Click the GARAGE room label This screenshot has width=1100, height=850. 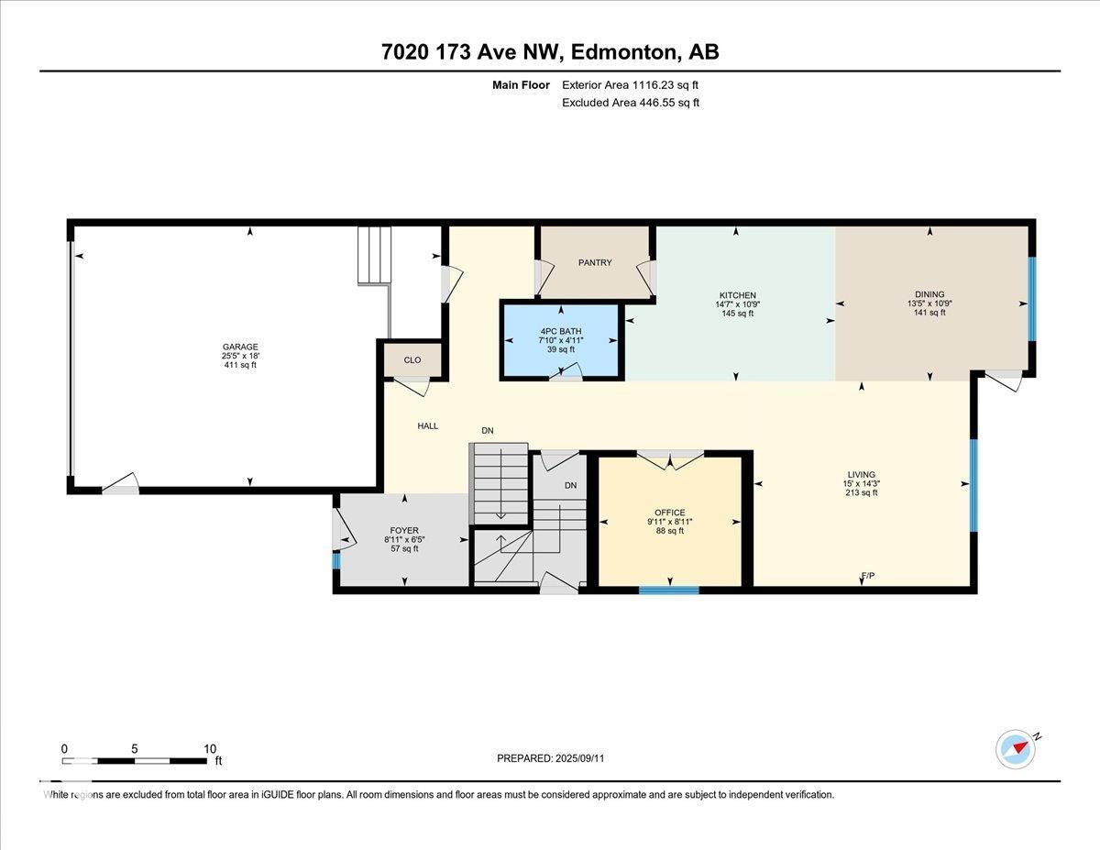(x=240, y=347)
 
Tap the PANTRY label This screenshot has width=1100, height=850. (x=595, y=262)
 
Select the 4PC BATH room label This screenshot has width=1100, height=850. (x=561, y=331)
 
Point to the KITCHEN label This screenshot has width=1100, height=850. (x=738, y=295)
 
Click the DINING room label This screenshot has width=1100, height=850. (x=929, y=294)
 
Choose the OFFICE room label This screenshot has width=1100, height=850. (x=669, y=513)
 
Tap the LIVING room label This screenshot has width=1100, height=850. (x=861, y=474)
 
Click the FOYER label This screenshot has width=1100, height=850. (x=404, y=530)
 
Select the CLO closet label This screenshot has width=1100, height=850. (x=412, y=360)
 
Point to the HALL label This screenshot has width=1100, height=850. (x=428, y=425)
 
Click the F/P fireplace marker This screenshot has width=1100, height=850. (x=868, y=575)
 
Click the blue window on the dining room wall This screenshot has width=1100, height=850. (x=1031, y=299)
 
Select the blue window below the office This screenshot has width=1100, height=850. (x=668, y=590)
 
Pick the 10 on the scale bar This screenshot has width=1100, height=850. (x=210, y=749)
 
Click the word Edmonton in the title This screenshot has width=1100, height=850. (x=624, y=51)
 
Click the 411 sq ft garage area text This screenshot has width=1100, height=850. (x=240, y=365)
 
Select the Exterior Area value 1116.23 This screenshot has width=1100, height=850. (x=653, y=85)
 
